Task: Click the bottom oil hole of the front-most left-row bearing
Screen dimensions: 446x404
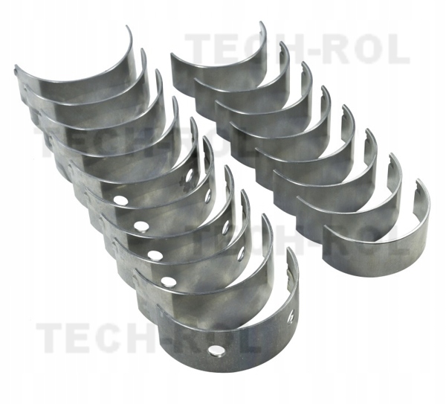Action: click(216, 350)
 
